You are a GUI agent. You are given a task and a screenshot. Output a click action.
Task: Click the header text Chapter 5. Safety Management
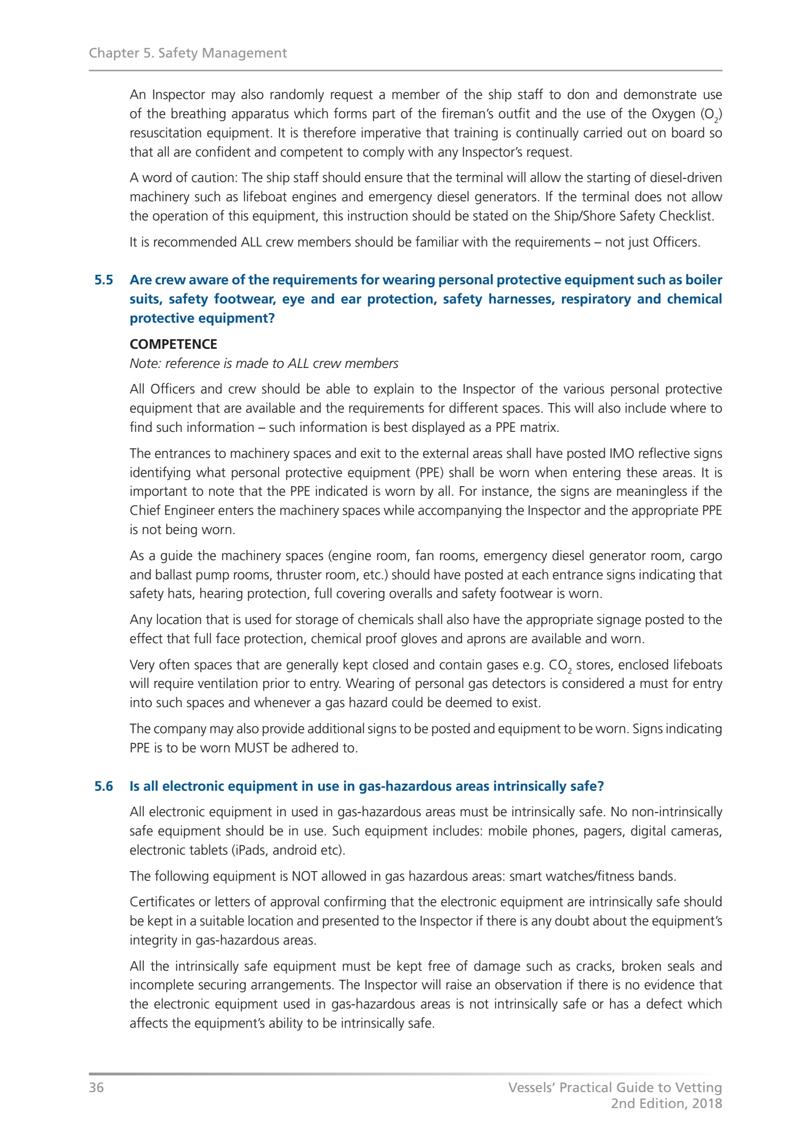pos(188,53)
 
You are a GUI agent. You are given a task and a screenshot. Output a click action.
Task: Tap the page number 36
pos(96,1087)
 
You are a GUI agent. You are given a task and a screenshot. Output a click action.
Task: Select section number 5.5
pos(104,280)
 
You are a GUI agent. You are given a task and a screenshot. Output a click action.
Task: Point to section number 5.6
pos(104,786)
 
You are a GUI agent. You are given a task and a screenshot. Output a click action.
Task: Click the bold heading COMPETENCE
pos(173,345)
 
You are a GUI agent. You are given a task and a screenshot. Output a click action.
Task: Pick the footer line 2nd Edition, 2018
pos(666,1103)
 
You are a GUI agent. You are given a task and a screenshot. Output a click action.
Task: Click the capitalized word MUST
pos(252,748)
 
